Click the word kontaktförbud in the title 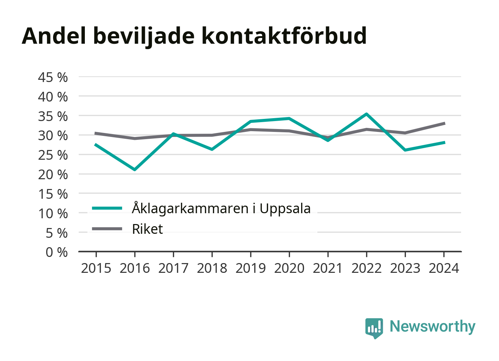tap(284, 36)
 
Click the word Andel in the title tap(54, 36)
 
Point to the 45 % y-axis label tap(53, 77)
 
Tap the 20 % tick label tap(53, 175)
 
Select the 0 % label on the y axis tap(57, 252)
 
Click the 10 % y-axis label tap(53, 214)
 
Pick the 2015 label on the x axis tap(96, 268)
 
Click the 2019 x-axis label tap(251, 268)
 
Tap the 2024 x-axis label tap(444, 268)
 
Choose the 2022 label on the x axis tap(366, 268)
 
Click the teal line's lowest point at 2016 tap(135, 169)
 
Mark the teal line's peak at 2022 tap(366, 114)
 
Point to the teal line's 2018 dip tap(212, 149)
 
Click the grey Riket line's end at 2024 tap(444, 124)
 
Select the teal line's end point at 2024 tap(444, 143)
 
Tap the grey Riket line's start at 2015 tap(96, 133)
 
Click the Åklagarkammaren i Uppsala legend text tap(221, 209)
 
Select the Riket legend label tap(147, 229)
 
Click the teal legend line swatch tap(107, 208)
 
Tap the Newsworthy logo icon tap(374, 328)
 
